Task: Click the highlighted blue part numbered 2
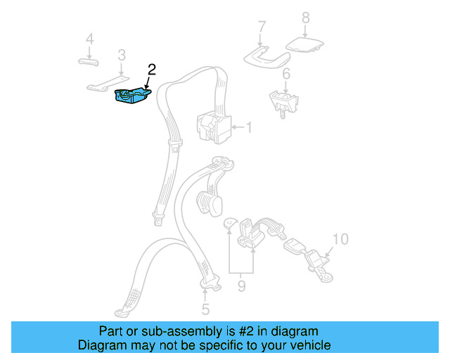click(x=131, y=97)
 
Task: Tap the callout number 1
click(x=248, y=128)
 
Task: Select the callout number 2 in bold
click(x=152, y=70)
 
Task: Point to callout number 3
click(x=122, y=54)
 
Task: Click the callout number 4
click(x=89, y=39)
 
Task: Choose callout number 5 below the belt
click(x=205, y=309)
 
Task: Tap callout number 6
click(x=286, y=75)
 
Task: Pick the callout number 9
click(x=242, y=286)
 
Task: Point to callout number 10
click(x=340, y=240)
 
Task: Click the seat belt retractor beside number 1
click(x=213, y=127)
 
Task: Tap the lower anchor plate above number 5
click(x=209, y=283)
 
